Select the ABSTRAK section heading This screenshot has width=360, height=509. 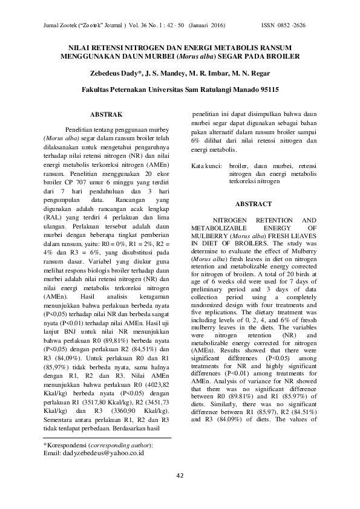[106, 114]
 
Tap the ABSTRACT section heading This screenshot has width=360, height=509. [254, 204]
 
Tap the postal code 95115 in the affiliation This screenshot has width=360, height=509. [265, 89]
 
